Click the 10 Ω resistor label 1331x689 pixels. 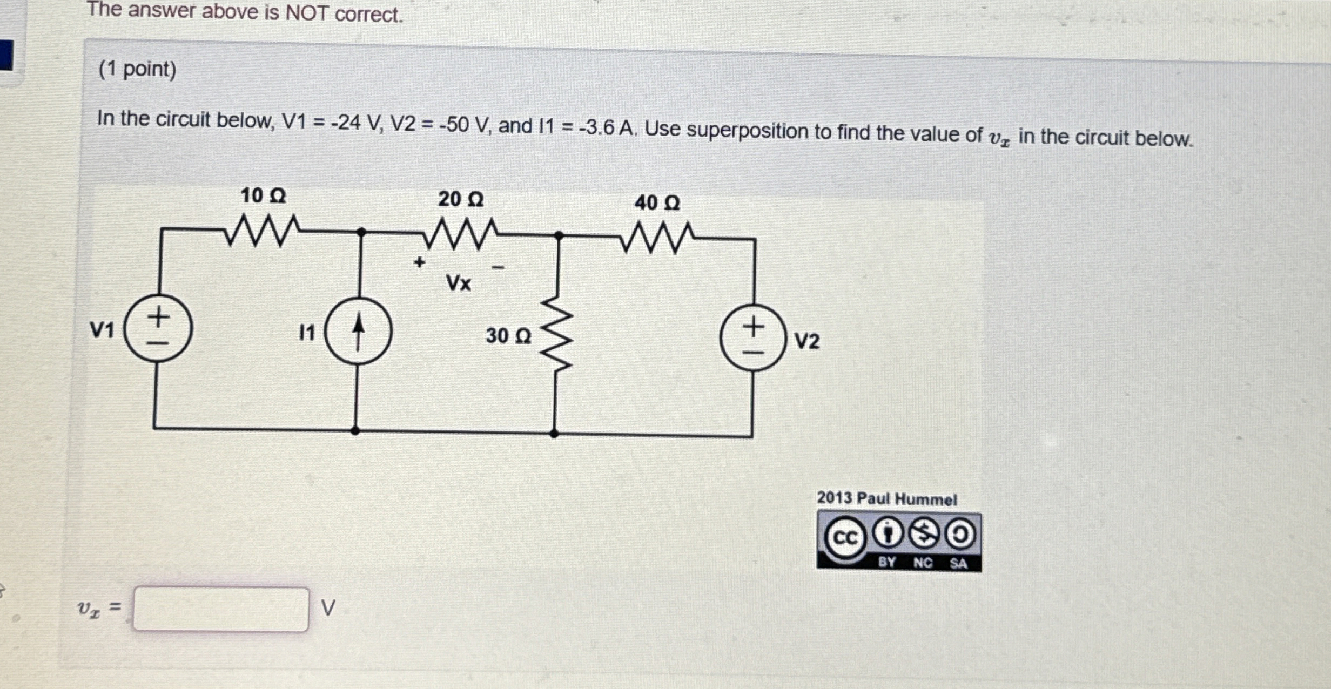[263, 195]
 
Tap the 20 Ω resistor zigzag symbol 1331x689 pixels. [460, 233]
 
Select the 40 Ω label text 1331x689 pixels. [657, 203]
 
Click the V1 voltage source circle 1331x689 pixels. [158, 328]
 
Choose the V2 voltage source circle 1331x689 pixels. [754, 337]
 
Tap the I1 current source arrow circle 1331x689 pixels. [358, 331]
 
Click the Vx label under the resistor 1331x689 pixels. [459, 282]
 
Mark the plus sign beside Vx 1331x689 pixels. [419, 263]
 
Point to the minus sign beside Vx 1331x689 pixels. [498, 267]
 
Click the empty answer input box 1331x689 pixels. [221, 610]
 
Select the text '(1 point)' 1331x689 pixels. [138, 69]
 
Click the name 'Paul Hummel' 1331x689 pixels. [907, 499]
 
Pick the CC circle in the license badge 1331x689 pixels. [844, 537]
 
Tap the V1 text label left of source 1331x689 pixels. [102, 329]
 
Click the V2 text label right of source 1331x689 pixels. [807, 341]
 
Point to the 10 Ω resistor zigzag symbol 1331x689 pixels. [263, 231]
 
